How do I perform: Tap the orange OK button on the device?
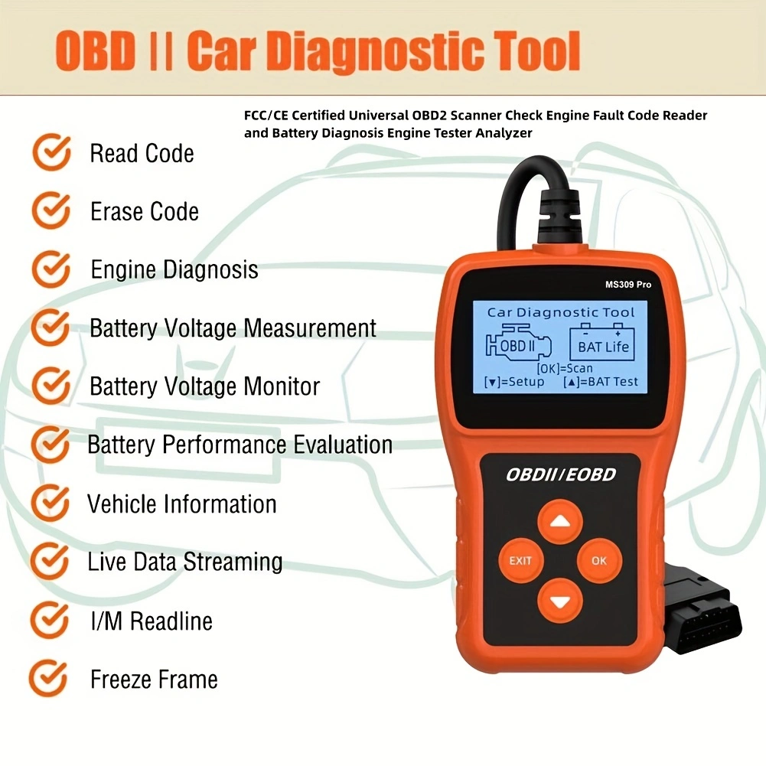coord(599,561)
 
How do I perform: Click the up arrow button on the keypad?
coord(560,522)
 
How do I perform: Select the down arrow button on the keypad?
coord(560,601)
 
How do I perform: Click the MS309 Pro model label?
coord(627,285)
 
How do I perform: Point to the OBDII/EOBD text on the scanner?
coord(561,474)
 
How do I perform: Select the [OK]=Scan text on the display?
coord(565,368)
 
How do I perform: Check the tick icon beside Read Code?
coord(51,152)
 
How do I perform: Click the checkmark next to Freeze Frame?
coord(48,678)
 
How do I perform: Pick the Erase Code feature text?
coord(145,211)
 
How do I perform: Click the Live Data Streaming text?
coord(184,562)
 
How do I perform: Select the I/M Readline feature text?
coord(152,621)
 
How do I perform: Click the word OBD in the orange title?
coord(95,51)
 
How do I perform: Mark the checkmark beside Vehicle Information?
coord(50,503)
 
